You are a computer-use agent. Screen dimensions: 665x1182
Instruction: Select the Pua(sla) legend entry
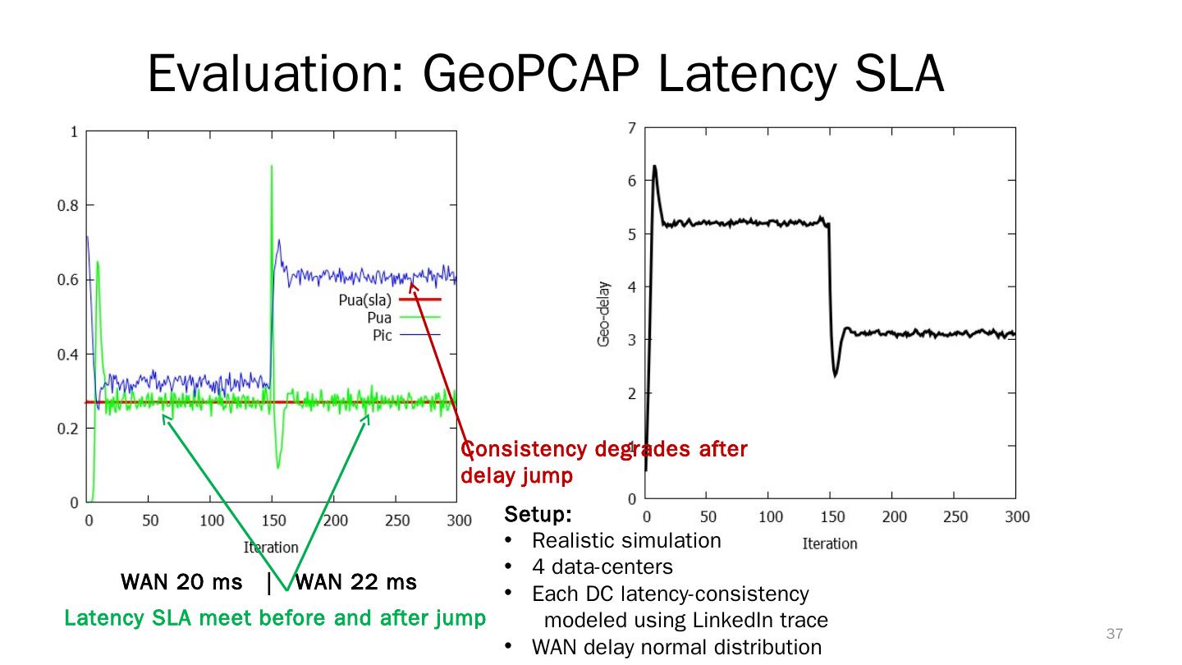click(365, 300)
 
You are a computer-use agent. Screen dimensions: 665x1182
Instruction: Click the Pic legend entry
click(383, 335)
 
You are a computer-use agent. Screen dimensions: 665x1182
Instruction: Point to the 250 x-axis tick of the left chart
click(396, 520)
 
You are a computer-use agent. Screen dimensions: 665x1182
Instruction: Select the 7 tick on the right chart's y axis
click(631, 127)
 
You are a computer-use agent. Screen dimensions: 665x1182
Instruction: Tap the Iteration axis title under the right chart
click(829, 543)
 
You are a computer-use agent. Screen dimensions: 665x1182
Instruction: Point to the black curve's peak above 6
click(654, 167)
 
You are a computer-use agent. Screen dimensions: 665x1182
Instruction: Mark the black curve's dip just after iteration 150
click(835, 374)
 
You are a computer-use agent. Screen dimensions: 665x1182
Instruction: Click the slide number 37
click(1114, 634)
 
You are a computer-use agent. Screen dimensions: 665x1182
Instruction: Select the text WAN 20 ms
click(181, 583)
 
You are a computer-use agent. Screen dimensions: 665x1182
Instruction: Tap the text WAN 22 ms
click(355, 583)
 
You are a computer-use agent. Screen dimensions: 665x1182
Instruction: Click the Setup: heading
click(538, 515)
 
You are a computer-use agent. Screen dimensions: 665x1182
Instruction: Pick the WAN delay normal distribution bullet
click(676, 647)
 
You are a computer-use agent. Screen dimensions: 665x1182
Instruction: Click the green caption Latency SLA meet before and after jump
click(275, 617)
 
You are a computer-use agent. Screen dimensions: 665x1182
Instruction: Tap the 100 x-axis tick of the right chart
click(770, 517)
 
